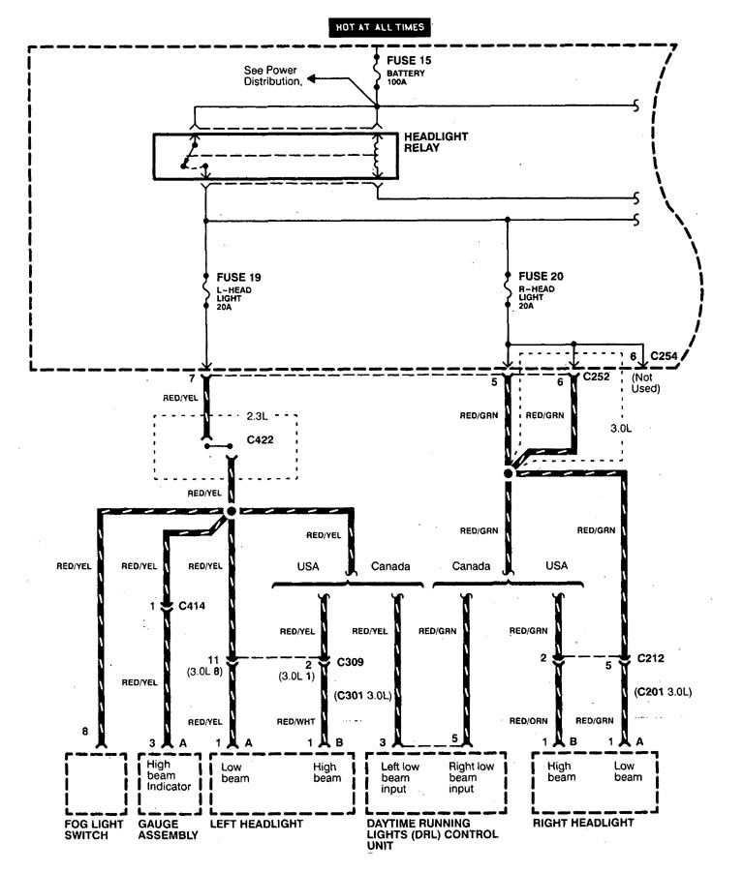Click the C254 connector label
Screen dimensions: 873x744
665,357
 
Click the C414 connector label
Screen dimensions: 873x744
192,607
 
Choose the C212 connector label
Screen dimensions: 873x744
650,658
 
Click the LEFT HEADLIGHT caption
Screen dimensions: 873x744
256,824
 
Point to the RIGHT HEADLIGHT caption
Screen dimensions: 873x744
583,823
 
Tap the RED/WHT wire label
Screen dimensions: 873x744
294,721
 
